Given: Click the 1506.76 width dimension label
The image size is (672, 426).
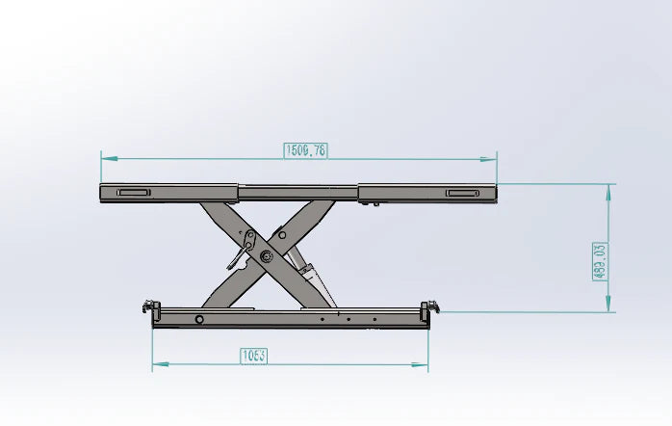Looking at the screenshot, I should click(306, 150).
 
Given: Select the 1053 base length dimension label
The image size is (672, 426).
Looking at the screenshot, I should click(253, 356).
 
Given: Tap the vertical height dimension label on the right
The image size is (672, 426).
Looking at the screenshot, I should click(600, 261).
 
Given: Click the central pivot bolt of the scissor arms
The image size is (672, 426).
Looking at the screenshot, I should click(265, 255).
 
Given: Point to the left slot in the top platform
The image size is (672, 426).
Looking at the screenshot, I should click(133, 193).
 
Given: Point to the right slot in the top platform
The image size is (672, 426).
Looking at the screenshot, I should click(462, 194).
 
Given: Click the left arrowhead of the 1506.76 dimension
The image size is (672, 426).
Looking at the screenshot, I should click(106, 156).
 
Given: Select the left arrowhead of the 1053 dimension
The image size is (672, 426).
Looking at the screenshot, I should click(158, 364).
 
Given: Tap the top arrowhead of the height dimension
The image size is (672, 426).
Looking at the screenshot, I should click(608, 189).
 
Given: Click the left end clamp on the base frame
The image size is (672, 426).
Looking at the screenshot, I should click(149, 308).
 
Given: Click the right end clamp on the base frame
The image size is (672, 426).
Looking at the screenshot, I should click(429, 308).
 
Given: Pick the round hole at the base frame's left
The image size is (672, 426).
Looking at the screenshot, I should click(199, 319).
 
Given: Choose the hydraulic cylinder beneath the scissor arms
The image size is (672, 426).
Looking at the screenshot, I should click(310, 275).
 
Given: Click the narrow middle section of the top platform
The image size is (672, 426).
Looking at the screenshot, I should click(298, 191).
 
